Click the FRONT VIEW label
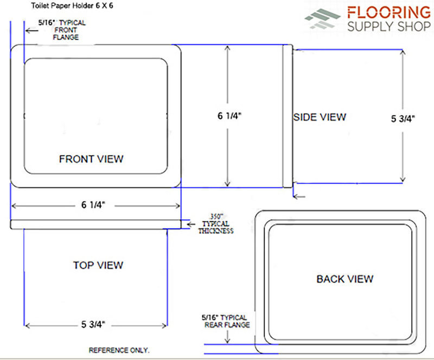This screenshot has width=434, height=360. coord(91,159)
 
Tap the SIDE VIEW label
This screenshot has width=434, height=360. coord(320,117)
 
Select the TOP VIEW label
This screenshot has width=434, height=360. coord(98,265)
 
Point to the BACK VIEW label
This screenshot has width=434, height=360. coord(345,279)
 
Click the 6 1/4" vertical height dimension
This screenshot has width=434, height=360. coord(229,116)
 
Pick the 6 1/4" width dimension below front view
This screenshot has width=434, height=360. coord(93,205)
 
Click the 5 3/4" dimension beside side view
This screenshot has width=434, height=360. coord(403,119)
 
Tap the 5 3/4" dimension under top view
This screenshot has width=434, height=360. coord(93,324)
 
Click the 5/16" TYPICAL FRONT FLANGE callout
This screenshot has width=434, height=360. coord(62,30)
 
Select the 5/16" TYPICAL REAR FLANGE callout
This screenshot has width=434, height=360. coord(226,321)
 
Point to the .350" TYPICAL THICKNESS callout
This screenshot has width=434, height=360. coord(215,224)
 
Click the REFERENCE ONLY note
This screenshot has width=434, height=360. coord(119,350)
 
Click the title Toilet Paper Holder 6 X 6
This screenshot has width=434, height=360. coord(72,5)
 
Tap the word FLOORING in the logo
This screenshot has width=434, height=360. coord(389,12)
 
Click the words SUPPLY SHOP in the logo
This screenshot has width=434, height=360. coord(389,27)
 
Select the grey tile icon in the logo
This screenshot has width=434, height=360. coord(322,18)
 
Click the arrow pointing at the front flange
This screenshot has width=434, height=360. coord(31,30)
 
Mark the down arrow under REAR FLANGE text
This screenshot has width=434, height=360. coord(227,337)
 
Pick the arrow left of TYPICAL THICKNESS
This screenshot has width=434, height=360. coord(191,224)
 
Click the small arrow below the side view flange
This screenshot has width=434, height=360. coord(299,196)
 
